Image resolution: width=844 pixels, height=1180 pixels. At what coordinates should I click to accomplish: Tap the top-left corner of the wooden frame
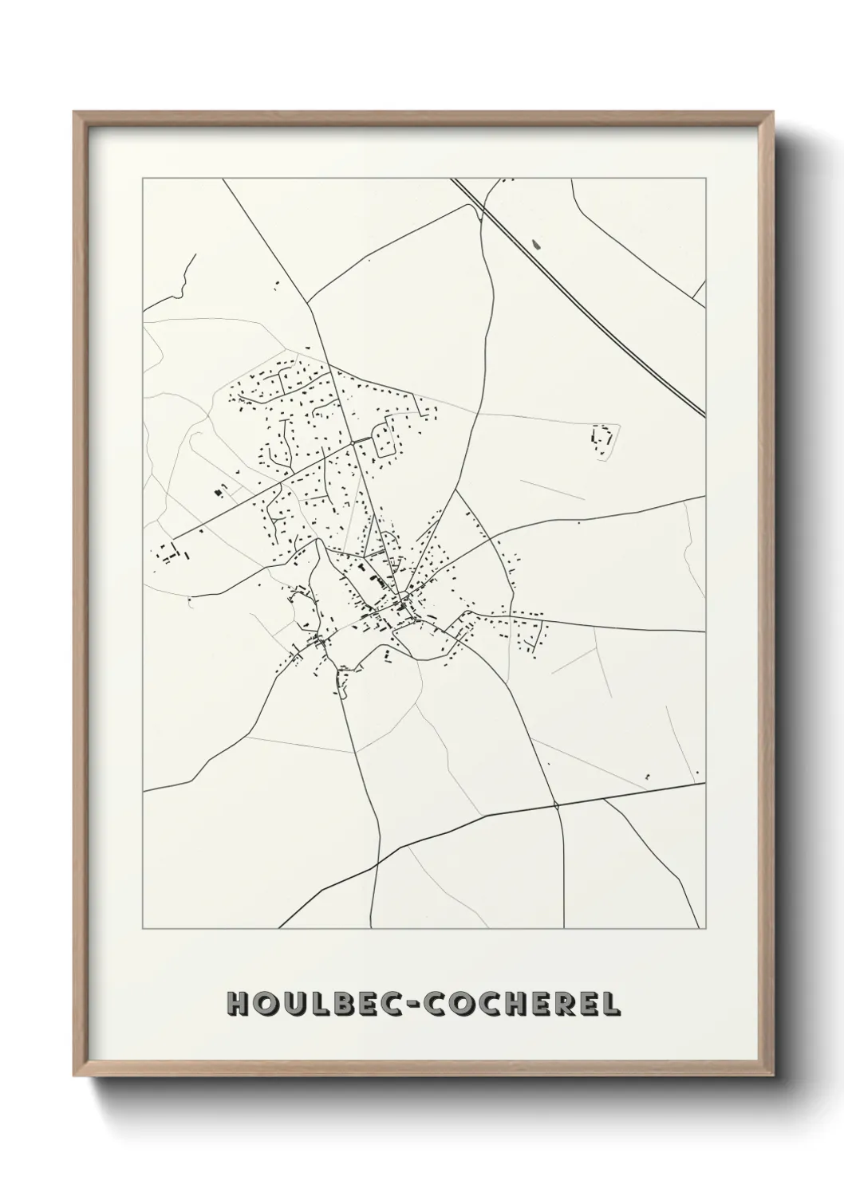(76, 114)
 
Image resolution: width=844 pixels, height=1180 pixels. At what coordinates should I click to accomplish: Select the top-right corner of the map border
(706, 179)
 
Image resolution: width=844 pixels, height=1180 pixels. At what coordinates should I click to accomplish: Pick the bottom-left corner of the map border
(143, 929)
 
